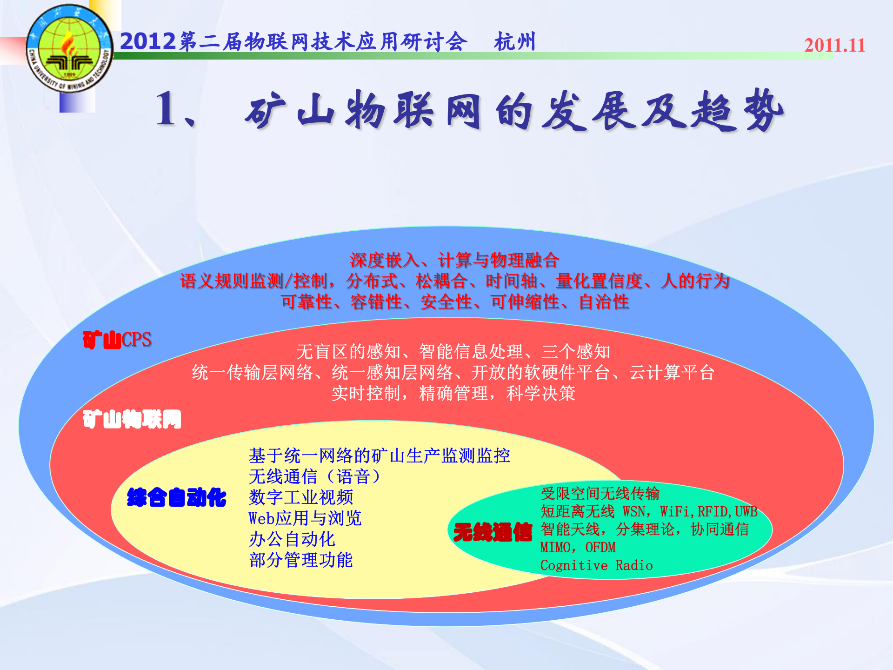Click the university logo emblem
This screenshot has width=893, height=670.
pos(70,49)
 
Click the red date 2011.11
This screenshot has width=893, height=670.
pos(834,46)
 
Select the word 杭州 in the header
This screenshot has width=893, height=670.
pos(515,42)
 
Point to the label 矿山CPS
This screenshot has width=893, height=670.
pos(117,340)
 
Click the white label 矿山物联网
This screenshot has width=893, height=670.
pos(132,419)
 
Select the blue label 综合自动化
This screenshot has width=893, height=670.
pos(176,497)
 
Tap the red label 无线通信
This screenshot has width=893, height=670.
pos(493,532)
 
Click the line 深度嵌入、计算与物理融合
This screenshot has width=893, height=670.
pos(454,260)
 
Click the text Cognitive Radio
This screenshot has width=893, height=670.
pos(596,565)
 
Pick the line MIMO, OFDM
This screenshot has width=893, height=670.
pos(578,548)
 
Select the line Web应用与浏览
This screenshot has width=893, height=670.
pos(305,518)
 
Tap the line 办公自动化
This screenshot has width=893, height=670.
pos(292,539)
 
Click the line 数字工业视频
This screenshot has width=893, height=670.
pos(301,497)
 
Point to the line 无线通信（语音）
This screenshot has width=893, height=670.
pos(314,476)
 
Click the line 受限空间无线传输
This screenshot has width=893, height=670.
pos(600,494)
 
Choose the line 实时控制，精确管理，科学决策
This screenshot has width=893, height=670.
pos(453,394)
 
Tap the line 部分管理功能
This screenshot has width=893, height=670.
pos(301,560)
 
